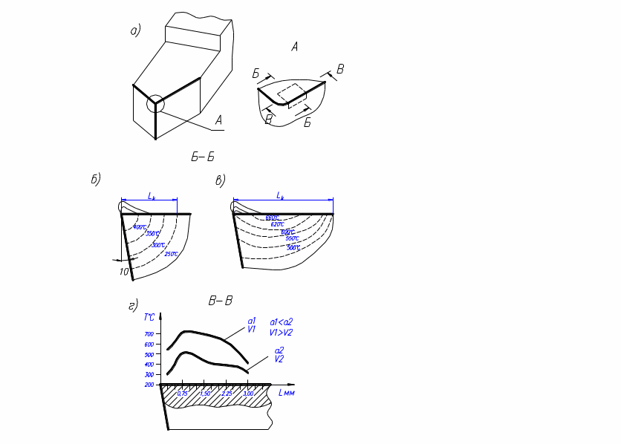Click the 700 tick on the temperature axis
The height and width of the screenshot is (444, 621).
pyautogui.click(x=150, y=334)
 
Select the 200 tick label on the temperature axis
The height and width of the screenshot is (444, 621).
pyautogui.click(x=149, y=385)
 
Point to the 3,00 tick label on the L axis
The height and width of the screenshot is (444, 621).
pyautogui.click(x=248, y=394)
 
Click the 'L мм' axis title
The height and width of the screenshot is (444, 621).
pyautogui.click(x=287, y=393)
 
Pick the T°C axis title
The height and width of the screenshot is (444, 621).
pyautogui.click(x=149, y=317)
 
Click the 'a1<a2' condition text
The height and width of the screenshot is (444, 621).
pyautogui.click(x=282, y=322)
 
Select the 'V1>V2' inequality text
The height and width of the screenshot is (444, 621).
pyautogui.click(x=282, y=332)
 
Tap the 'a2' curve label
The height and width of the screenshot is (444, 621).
pyautogui.click(x=279, y=350)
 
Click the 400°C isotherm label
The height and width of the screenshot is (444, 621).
pyautogui.click(x=140, y=227)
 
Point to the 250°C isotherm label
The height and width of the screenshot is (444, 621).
pyautogui.click(x=171, y=254)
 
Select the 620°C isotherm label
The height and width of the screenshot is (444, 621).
pyautogui.click(x=277, y=224)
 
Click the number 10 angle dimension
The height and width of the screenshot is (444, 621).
pyautogui.click(x=124, y=272)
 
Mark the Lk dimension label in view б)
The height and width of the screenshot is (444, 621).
pyautogui.click(x=152, y=196)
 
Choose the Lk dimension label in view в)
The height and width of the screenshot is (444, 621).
pyautogui.click(x=280, y=195)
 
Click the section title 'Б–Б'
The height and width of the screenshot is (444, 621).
pyautogui.click(x=203, y=157)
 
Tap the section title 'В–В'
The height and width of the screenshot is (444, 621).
pyautogui.click(x=221, y=301)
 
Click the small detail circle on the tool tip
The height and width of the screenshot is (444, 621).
pyautogui.click(x=155, y=104)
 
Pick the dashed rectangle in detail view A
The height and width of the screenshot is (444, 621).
pyautogui.click(x=292, y=96)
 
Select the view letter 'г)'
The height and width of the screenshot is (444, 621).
pyautogui.click(x=133, y=305)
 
